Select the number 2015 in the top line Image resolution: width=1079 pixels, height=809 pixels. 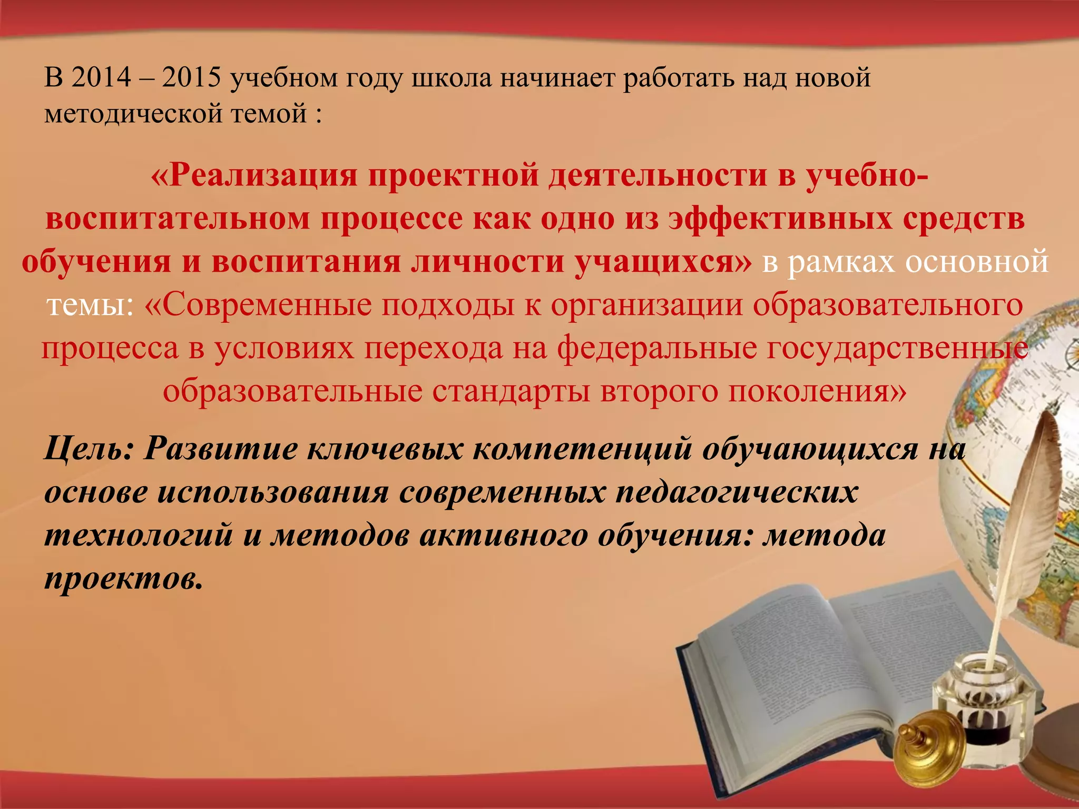(x=191, y=78)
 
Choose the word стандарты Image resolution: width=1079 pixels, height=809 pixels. (x=511, y=391)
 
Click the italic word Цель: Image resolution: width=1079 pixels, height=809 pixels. (x=89, y=449)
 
